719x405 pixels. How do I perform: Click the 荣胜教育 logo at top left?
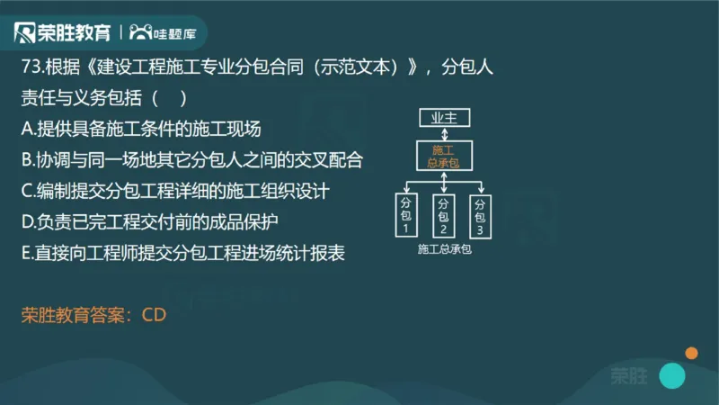63,33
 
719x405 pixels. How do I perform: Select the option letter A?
27,129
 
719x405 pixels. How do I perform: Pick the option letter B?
27,160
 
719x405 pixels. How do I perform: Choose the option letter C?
27,192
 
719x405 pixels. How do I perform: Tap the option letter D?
27,222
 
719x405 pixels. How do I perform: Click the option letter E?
26,254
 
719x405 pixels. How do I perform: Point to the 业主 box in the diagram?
444,117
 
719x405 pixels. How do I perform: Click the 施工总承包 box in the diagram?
444,156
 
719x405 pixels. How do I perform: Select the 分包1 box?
405,216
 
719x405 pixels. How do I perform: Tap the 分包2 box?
443,216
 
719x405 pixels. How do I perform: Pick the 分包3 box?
480,216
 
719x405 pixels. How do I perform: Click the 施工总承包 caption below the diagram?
444,249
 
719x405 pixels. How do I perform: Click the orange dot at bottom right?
691,353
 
